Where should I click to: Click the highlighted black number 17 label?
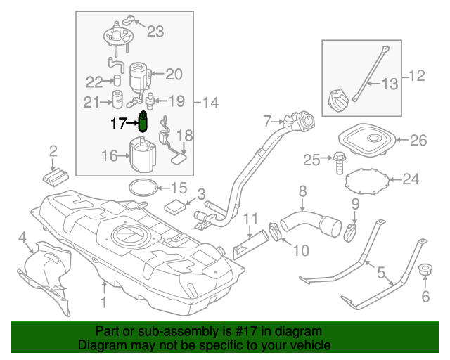point(119,123)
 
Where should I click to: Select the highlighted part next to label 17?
point(143,122)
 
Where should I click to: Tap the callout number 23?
point(155,30)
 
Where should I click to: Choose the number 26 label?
point(418,141)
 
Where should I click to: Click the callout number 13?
point(390,84)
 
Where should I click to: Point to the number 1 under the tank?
point(103,303)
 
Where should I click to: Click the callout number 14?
point(210,103)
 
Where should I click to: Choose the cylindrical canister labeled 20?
point(138,74)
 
